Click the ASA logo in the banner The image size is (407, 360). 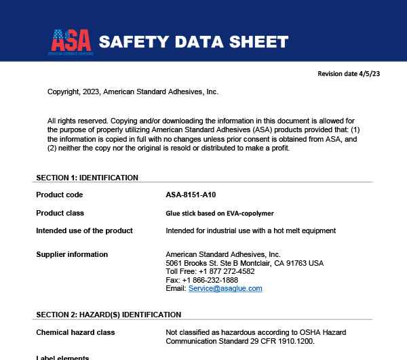(71, 41)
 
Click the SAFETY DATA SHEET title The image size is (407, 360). (193, 42)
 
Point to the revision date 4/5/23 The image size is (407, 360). (349, 73)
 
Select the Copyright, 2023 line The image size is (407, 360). (133, 92)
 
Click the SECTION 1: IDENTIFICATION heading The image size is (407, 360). (87, 178)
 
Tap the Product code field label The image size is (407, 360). (59, 195)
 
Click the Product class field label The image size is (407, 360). (60, 213)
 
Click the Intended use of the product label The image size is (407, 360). (84, 231)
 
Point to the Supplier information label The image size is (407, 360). (72, 254)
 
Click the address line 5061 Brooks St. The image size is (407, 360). (244, 263)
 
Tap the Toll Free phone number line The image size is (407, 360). (210, 271)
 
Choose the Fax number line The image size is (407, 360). (201, 280)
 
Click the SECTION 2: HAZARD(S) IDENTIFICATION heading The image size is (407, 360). (108, 315)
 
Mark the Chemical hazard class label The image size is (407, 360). (75, 332)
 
